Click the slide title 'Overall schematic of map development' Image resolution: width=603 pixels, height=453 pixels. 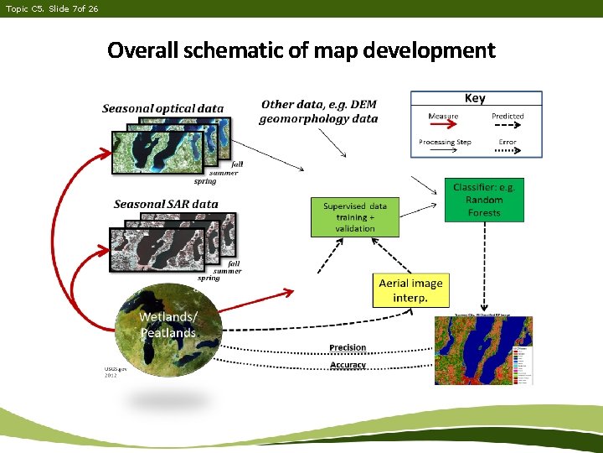tap(301, 50)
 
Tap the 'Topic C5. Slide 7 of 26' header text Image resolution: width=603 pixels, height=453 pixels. tap(52, 8)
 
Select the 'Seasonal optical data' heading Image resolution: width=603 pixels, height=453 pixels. tap(162, 108)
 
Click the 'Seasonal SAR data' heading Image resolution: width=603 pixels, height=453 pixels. tap(166, 204)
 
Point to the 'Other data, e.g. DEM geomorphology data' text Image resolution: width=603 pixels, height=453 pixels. tap(318, 111)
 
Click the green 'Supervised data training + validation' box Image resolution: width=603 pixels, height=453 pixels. tap(355, 216)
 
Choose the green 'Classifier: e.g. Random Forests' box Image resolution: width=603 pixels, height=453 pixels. tap(485, 200)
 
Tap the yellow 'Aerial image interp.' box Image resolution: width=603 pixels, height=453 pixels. tap(410, 290)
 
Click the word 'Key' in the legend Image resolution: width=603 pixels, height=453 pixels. tap(475, 98)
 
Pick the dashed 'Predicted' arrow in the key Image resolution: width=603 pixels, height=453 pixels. tap(508, 124)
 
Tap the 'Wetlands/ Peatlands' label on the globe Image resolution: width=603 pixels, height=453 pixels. tap(167, 325)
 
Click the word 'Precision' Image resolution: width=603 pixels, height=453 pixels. tap(348, 347)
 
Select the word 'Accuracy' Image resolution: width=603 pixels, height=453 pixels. tap(348, 365)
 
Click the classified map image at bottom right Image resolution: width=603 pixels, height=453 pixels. tap(483, 350)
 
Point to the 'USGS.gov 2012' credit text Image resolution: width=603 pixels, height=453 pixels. tap(116, 372)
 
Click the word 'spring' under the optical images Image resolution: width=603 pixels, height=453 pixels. tap(204, 181)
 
